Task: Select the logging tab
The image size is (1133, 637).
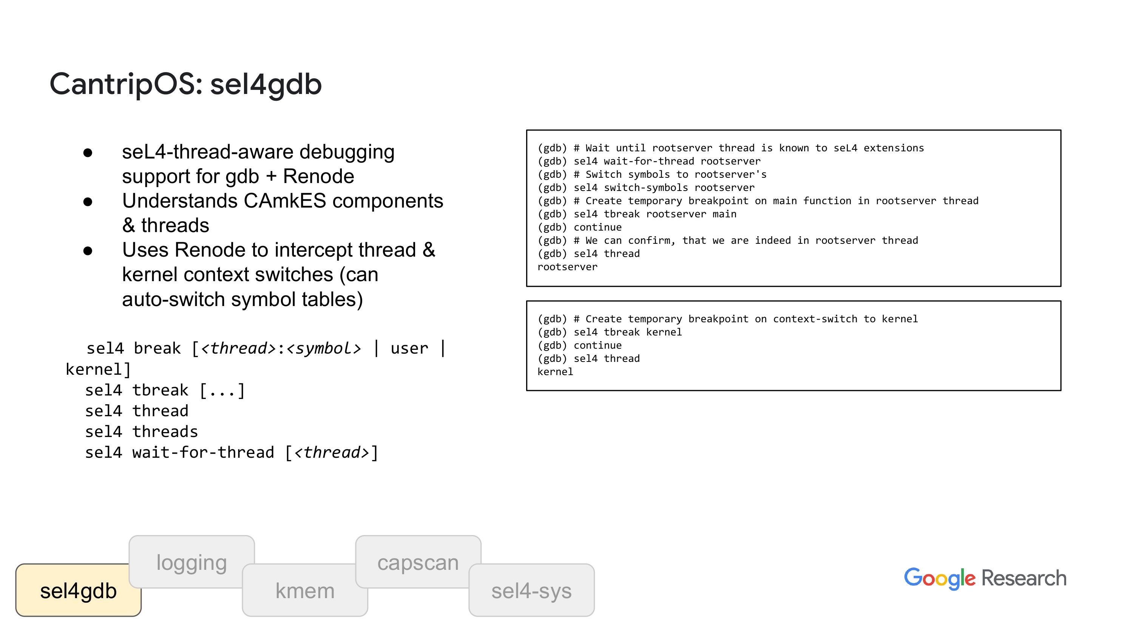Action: point(192,562)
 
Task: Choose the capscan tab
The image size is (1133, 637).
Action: point(418,562)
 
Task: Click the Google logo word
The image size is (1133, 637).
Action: point(940,579)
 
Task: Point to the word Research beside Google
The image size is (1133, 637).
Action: point(1024,578)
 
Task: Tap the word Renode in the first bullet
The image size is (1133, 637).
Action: point(318,176)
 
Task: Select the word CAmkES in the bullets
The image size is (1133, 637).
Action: point(285,201)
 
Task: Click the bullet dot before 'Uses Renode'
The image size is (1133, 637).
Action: point(88,251)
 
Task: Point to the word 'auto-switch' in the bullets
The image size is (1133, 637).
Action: point(173,299)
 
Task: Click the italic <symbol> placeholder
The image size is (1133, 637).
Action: point(324,348)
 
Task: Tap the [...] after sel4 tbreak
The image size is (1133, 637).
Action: point(222,390)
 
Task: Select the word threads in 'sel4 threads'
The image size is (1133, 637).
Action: point(165,432)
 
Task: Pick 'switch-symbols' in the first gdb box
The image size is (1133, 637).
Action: point(646,188)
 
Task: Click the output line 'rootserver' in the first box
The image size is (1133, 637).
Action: point(567,267)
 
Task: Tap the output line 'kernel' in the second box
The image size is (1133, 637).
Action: point(556,372)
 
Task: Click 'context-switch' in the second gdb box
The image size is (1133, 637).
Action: point(815,319)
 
